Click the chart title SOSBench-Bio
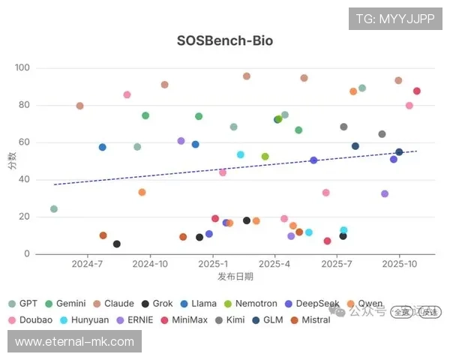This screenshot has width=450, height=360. tap(224, 40)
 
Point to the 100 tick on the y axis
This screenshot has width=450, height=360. tap(22, 67)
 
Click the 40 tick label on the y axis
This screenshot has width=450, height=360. tap(24, 179)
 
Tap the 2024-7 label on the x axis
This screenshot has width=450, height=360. tap(88, 264)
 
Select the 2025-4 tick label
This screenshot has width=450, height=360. tap(274, 264)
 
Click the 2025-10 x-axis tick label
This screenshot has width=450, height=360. tap(399, 264)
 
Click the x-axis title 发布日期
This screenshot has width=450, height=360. tap(235, 277)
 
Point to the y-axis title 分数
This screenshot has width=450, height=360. tap(11, 160)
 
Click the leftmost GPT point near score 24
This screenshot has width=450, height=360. tap(54, 209)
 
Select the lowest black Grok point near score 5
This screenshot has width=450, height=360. tap(117, 244)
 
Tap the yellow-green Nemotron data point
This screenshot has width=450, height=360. tap(265, 157)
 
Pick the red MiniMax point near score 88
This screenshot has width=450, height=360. tap(417, 91)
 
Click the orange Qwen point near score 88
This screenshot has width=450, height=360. tap(353, 91)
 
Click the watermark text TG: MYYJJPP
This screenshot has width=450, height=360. tap(394, 19)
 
